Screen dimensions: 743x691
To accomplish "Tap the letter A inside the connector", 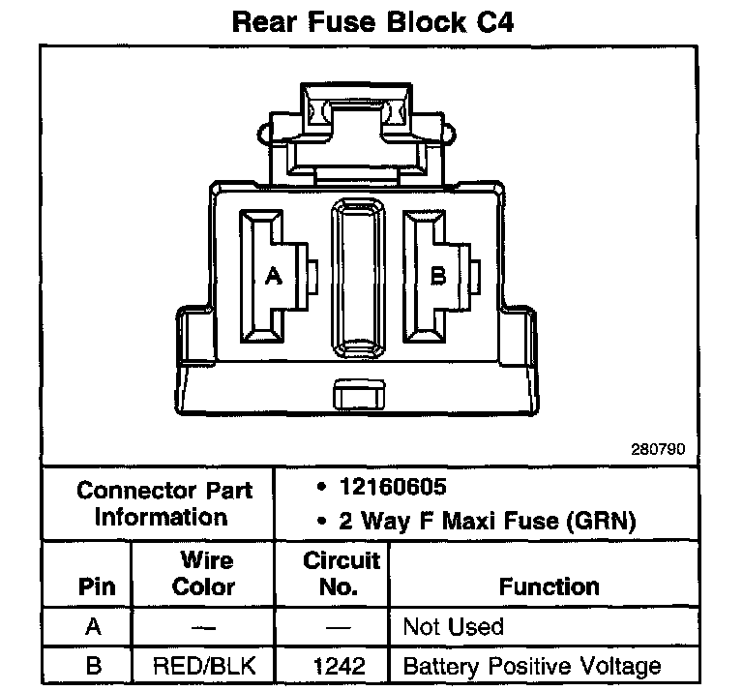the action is pos(273,277).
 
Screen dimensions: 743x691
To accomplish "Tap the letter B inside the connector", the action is pos(438,277).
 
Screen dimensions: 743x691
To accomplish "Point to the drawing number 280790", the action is pos(658,449).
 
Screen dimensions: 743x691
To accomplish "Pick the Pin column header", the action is pos(94,586).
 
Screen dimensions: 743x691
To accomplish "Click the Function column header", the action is pos(549,586).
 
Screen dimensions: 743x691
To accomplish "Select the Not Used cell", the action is pos(453,627).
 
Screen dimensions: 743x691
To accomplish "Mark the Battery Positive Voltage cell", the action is pos(531,666).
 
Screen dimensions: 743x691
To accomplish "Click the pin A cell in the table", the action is pos(94,627).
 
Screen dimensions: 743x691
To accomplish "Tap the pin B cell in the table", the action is pos(94,666).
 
